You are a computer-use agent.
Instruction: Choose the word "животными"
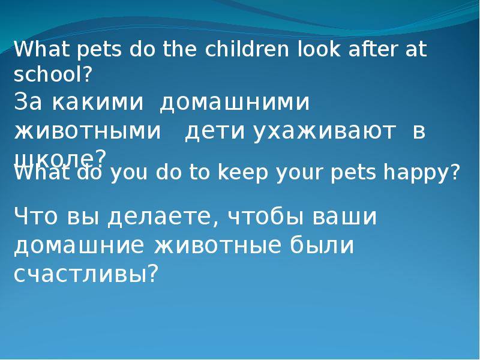pyautogui.click(x=88, y=131)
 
